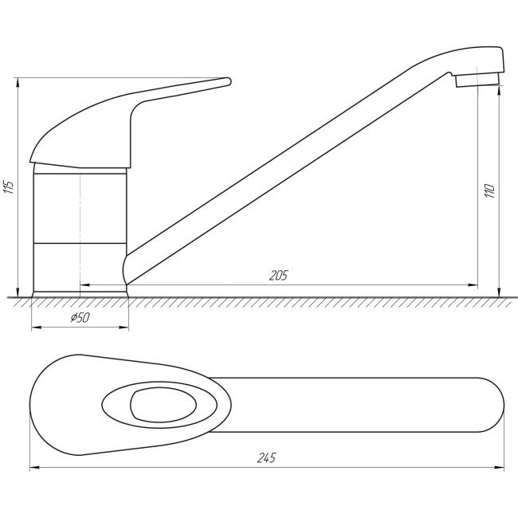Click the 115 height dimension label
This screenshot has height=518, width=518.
pyautogui.click(x=9, y=187)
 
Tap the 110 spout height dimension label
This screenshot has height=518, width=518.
pyautogui.click(x=489, y=191)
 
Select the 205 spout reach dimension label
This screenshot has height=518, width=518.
pyautogui.click(x=278, y=275)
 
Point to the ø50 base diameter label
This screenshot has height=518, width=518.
pyautogui.click(x=80, y=317)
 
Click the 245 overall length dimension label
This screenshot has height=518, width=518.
pyautogui.click(x=266, y=458)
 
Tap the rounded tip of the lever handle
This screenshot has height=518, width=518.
pyautogui.click(x=229, y=81)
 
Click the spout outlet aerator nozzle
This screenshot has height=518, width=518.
pyautogui.click(x=477, y=80)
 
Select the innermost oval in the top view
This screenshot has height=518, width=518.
pyautogui.click(x=163, y=405)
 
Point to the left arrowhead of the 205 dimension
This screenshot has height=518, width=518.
pyautogui.click(x=84, y=285)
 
